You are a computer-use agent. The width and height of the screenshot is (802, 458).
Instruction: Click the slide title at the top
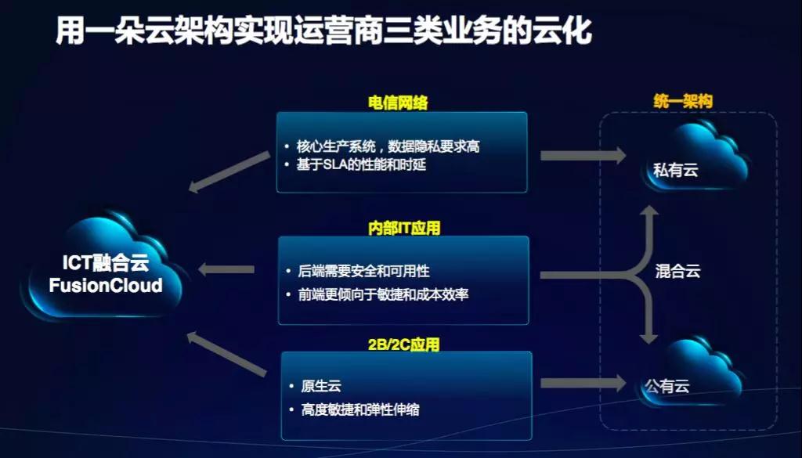pos(323,30)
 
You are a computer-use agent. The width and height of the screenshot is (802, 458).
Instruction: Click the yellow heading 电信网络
pos(398,103)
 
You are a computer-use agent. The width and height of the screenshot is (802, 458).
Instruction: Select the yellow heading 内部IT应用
pos(404,228)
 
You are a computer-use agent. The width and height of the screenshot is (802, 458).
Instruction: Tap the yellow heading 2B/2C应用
pos(403,344)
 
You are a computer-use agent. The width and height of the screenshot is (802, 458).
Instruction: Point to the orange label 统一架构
pos(683,101)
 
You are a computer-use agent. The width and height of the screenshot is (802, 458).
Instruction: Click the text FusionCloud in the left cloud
pos(106,285)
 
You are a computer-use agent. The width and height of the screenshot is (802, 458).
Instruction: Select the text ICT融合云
pos(106,263)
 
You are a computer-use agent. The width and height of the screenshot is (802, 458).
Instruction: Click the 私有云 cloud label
pos(676,170)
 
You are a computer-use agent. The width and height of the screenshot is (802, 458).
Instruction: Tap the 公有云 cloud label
pos(667,386)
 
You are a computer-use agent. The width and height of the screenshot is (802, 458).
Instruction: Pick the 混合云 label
pos(677,271)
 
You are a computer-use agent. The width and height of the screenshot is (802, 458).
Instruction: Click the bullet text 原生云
pos(320,386)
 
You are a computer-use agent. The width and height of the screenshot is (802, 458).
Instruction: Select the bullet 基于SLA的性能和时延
pos(361,164)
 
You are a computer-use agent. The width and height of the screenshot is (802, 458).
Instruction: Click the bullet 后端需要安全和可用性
pos(364,271)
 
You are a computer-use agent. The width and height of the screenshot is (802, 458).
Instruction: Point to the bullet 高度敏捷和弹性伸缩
pos(360,409)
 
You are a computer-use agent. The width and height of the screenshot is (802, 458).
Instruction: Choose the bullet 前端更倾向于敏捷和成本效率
pos(384,294)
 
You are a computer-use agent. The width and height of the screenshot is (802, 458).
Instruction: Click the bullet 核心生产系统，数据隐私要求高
pos(388,146)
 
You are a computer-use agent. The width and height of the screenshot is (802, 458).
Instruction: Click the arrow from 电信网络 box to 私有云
pos(583,155)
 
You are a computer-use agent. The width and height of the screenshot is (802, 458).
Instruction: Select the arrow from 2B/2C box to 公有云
pos(583,384)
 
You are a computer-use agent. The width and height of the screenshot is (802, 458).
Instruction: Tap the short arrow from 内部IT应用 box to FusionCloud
pos(226,269)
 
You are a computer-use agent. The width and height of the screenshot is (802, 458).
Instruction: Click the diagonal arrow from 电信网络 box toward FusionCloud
pos(229,171)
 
